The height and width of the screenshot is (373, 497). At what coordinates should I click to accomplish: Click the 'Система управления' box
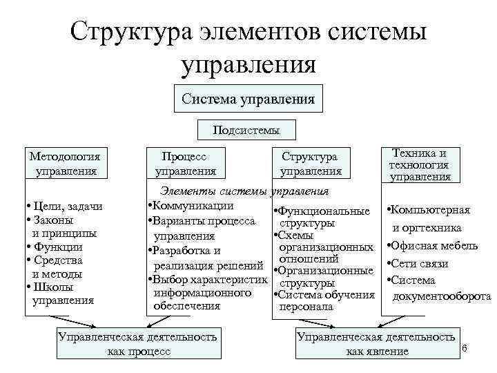pos(248,99)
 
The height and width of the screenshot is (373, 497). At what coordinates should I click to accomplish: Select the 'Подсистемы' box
pos(246,129)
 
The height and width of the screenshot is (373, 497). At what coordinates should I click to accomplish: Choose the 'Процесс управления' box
pos(185,164)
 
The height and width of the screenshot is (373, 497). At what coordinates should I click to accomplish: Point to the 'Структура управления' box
pos(310,164)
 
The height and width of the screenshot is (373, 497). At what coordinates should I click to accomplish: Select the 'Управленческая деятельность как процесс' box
pos(138,344)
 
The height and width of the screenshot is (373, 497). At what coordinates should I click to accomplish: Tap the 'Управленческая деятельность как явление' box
pos(376,344)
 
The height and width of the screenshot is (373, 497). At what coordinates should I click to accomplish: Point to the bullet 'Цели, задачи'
pos(64,207)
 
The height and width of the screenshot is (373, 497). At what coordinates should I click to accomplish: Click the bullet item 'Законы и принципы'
pos(61,227)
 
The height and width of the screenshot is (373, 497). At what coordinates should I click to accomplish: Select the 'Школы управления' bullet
pos(61,294)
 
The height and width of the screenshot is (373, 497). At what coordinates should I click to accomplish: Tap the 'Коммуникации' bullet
pos(190,205)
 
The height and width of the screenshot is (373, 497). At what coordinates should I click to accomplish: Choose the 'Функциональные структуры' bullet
pos(322,217)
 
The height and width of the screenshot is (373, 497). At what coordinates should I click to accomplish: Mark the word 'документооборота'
pos(442,296)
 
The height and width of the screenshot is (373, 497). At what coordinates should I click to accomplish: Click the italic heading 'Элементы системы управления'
pos(244,191)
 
